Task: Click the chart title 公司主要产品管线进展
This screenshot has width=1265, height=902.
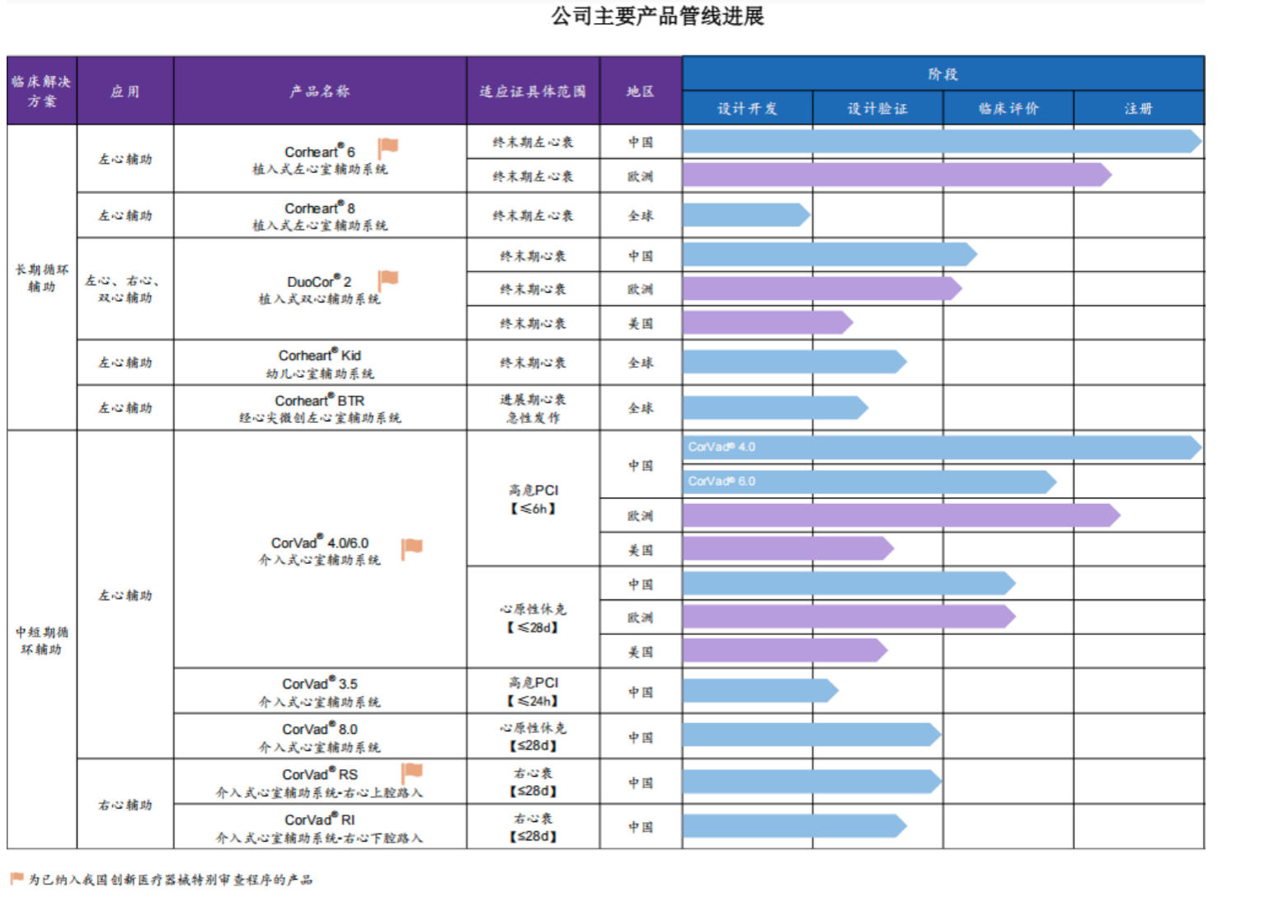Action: pyautogui.click(x=657, y=16)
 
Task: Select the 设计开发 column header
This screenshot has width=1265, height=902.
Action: pyautogui.click(x=747, y=109)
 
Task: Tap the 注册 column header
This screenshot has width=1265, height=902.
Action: pyautogui.click(x=1138, y=109)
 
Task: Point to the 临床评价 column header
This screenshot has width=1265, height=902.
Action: pyautogui.click(x=1008, y=109)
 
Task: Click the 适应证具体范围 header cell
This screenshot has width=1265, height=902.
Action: pyautogui.click(x=533, y=92)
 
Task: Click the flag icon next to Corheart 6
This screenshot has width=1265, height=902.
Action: pyautogui.click(x=388, y=148)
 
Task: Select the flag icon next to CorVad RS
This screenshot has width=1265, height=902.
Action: pyautogui.click(x=411, y=773)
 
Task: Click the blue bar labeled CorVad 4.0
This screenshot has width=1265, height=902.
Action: pyautogui.click(x=942, y=448)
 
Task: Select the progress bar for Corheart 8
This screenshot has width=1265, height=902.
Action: pyautogui.click(x=746, y=215)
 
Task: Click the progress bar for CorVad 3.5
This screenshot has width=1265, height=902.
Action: pyautogui.click(x=760, y=690)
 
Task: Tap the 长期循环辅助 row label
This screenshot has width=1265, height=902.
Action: pyautogui.click(x=42, y=278)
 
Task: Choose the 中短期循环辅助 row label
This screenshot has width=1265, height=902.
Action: pyautogui.click(x=42, y=641)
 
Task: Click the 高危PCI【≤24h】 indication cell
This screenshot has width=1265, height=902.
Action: pyautogui.click(x=533, y=691)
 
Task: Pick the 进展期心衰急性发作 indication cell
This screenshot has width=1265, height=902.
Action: pyautogui.click(x=533, y=408)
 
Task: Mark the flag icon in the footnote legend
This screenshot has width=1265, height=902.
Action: pyautogui.click(x=17, y=878)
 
